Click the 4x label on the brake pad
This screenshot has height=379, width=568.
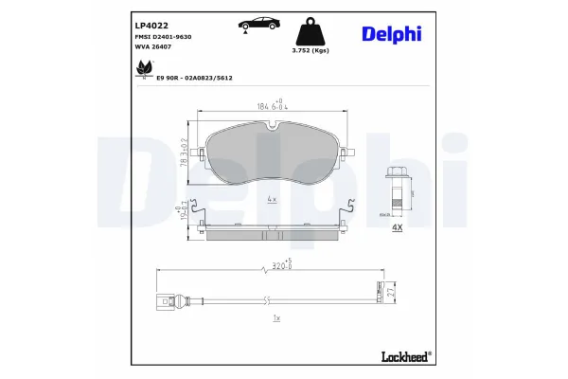(272, 199)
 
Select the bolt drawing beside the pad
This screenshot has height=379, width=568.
(399, 189)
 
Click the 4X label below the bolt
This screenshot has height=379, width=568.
(398, 228)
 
